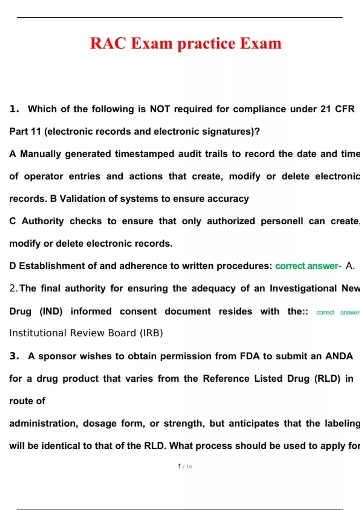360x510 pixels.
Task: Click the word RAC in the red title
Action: coord(108,43)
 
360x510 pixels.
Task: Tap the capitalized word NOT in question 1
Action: coord(160,109)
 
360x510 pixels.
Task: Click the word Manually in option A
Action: coord(40,154)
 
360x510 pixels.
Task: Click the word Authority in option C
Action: coord(43,221)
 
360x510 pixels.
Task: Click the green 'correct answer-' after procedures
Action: coord(308,266)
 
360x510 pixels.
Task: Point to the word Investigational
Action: coord(303,288)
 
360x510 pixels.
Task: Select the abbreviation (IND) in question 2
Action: coord(51,311)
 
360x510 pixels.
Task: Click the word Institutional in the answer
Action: coord(38,333)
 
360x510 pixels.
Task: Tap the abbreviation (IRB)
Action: coord(151,333)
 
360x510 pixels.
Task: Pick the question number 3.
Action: coord(14,356)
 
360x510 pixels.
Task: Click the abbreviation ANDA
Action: coord(339,356)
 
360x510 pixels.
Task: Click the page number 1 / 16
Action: coord(185,466)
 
